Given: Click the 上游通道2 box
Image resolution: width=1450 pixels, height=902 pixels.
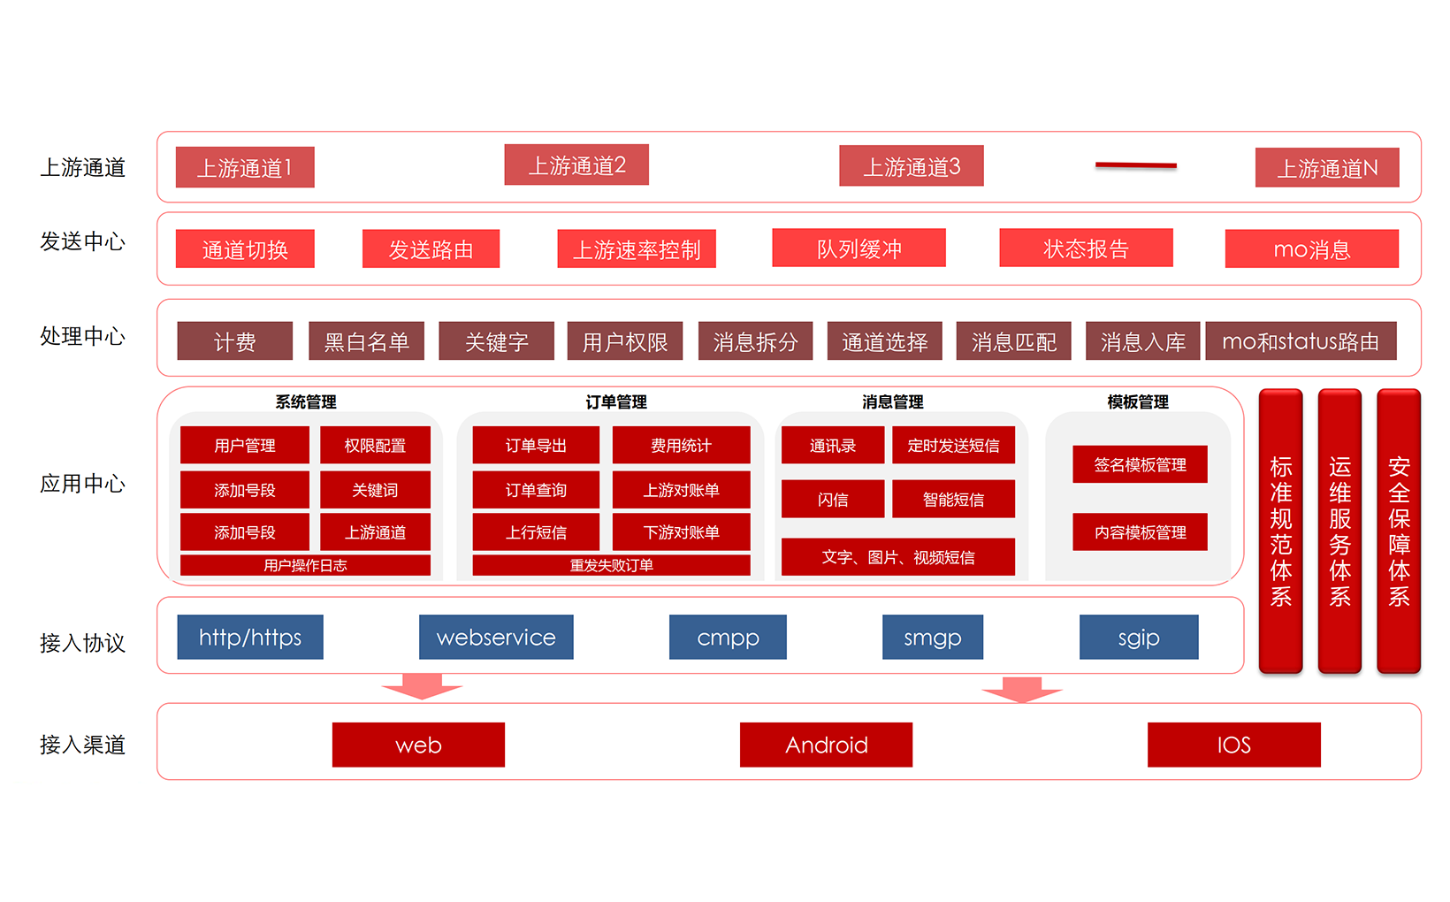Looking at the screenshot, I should [x=576, y=165].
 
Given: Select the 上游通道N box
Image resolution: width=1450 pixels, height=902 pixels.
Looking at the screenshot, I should [x=1326, y=168].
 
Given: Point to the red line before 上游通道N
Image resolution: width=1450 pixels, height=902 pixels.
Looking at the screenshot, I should [x=1135, y=164].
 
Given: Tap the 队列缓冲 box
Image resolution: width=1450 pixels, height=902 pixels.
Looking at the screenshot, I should [x=859, y=248].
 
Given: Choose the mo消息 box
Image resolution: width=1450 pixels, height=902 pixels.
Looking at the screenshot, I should [x=1311, y=249].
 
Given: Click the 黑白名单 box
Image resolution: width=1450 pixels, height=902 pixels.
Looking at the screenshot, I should [x=366, y=341].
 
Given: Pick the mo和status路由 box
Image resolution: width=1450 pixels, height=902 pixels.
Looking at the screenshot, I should [x=1300, y=341].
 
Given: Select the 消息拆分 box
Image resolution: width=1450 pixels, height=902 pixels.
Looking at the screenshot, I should [x=755, y=341].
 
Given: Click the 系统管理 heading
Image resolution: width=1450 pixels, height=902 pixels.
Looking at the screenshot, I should [x=306, y=402].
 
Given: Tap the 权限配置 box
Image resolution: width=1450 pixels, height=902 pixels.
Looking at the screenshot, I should [x=375, y=446].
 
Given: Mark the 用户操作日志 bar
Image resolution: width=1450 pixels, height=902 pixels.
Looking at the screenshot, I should [x=305, y=565].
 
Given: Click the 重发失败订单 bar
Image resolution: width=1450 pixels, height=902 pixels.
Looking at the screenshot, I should [x=611, y=565].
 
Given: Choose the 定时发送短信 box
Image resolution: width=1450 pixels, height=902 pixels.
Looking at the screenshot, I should [x=953, y=446].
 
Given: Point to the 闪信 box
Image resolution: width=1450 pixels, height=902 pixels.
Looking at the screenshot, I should [x=832, y=500].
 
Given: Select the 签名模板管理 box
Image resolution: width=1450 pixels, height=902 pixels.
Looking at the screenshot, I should [x=1140, y=464].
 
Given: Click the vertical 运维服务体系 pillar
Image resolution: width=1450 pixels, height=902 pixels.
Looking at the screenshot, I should [x=1339, y=531].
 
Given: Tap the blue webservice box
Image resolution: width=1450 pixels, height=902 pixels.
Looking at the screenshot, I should [x=496, y=638].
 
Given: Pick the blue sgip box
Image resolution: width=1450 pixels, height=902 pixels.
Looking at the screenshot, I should [x=1138, y=638].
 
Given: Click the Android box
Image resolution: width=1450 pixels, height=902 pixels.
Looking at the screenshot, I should [x=826, y=745].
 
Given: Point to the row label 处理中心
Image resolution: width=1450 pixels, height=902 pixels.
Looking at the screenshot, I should [x=82, y=337].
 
